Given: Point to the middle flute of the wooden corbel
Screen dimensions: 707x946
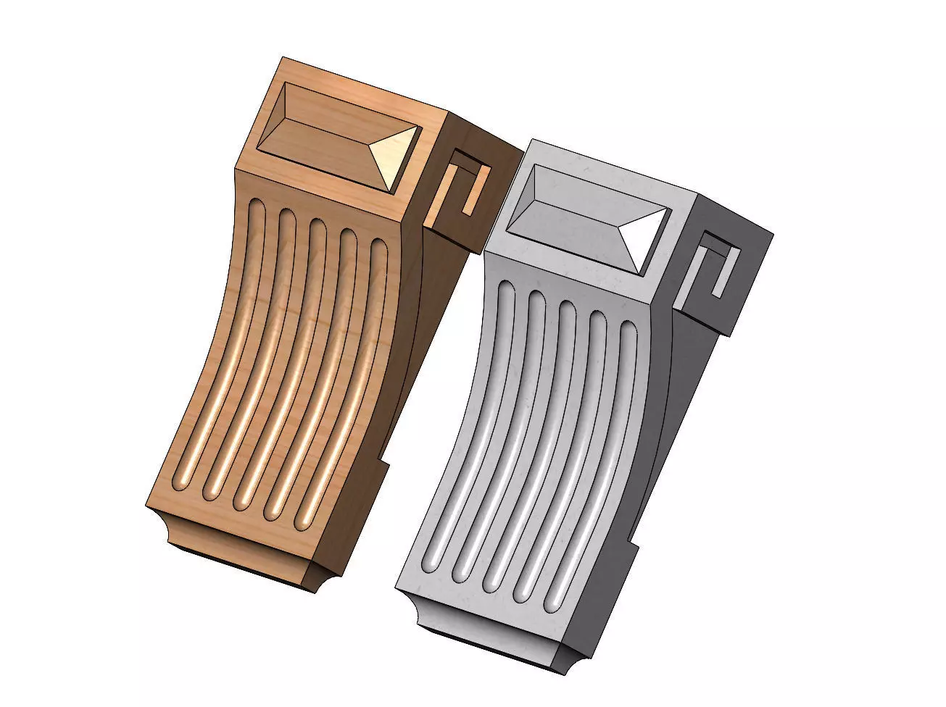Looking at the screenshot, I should pyautogui.click(x=283, y=362).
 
